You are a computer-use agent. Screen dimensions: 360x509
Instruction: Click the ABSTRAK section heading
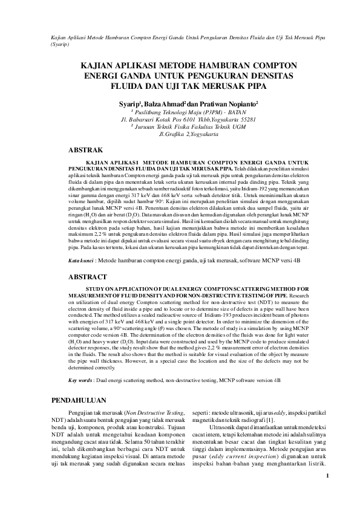(87, 149)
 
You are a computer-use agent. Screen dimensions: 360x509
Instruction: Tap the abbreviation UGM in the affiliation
(239, 127)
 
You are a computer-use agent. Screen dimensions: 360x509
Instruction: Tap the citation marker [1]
(254, 420)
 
